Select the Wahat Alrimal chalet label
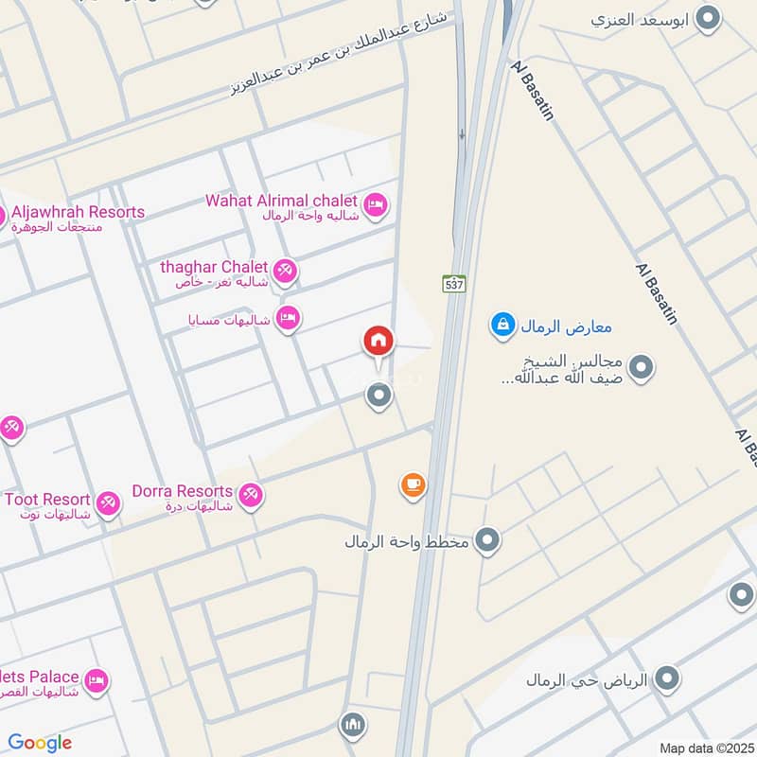(282, 201)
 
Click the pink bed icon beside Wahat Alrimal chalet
(376, 204)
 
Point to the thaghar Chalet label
(214, 267)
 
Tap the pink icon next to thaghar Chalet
(286, 272)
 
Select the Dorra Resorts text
(183, 491)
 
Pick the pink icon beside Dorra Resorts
(251, 495)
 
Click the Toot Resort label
(47, 499)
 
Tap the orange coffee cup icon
(413, 485)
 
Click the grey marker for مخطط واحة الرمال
(487, 540)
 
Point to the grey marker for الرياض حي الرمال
(667, 678)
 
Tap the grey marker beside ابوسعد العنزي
(706, 18)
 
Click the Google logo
(40, 743)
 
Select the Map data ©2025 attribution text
(705, 748)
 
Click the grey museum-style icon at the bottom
(352, 725)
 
